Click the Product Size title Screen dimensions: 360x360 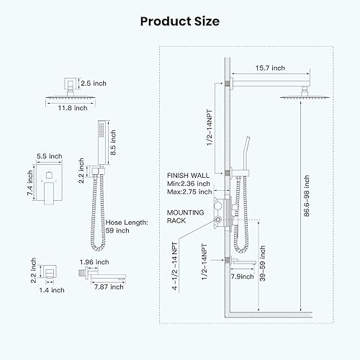pos(179,21)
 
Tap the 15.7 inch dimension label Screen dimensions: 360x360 pos(269,68)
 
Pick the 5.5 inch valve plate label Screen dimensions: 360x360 pos(48,156)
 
